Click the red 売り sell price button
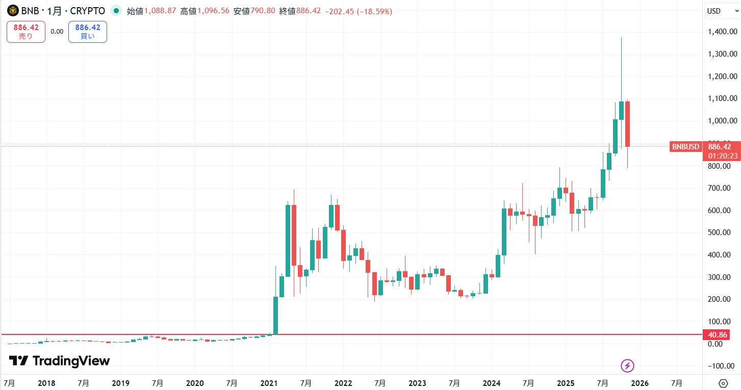click(26, 32)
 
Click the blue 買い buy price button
click(87, 32)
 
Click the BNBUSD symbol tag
click(685, 147)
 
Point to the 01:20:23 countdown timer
click(721, 156)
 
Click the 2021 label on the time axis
click(269, 383)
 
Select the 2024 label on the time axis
click(492, 383)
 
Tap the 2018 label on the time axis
click(46, 383)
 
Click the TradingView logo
click(59, 361)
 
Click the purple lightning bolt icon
click(628, 366)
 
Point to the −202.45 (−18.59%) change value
click(360, 11)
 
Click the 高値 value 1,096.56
click(214, 11)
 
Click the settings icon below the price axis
click(723, 383)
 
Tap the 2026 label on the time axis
click(640, 383)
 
